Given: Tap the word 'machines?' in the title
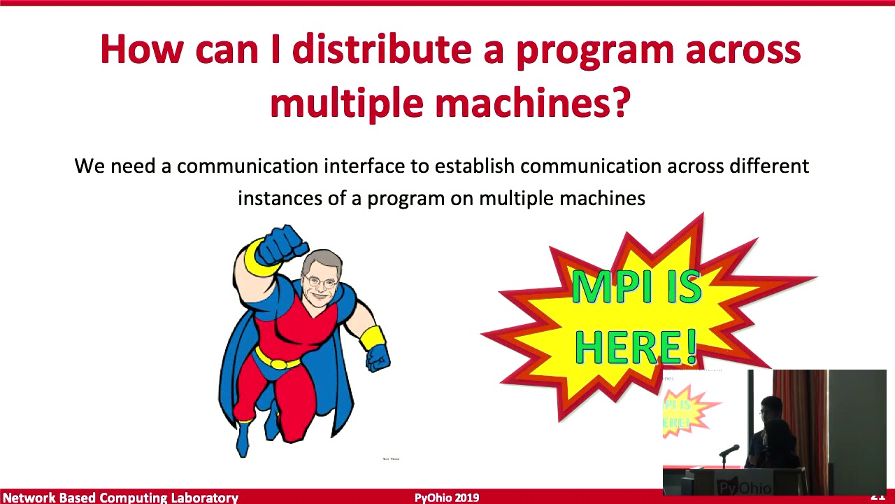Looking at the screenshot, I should (533, 103).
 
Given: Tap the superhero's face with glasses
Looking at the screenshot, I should (322, 279).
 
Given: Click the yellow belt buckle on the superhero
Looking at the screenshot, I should (278, 363).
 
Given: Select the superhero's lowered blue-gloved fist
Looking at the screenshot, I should (378, 357).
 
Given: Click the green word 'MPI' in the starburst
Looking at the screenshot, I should (606, 287).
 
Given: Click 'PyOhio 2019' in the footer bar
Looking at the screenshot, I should (447, 498).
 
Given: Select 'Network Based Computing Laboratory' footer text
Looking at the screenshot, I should (120, 498).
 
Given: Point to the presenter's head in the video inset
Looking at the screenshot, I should (769, 408).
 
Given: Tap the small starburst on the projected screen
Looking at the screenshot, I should (689, 413).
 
